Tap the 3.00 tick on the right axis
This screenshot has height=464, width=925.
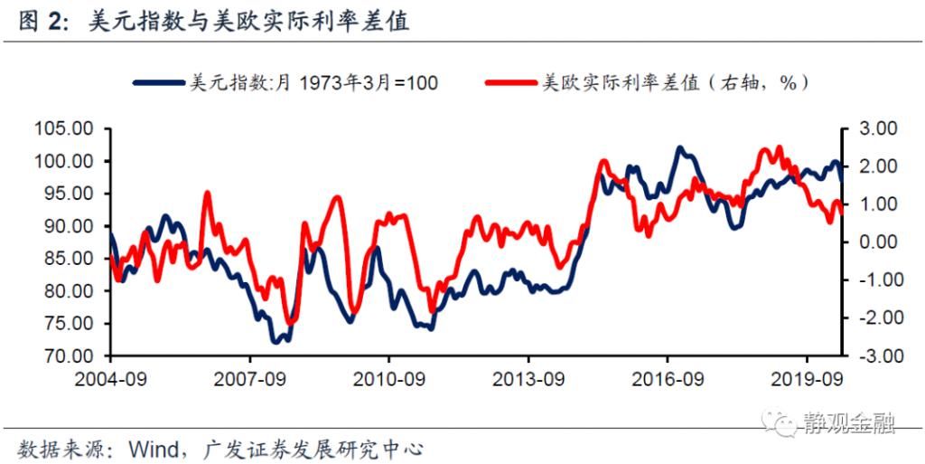tap(870, 128)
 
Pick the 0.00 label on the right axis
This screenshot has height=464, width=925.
tap(870, 242)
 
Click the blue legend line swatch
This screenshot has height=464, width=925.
tap(159, 83)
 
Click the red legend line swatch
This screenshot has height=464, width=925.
tap(510, 83)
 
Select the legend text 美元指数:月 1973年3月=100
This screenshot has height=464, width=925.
tap(313, 83)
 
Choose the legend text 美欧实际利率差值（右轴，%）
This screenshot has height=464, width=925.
tap(674, 83)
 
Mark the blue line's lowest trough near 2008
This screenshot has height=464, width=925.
tap(276, 343)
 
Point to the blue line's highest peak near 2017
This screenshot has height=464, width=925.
tap(680, 147)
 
